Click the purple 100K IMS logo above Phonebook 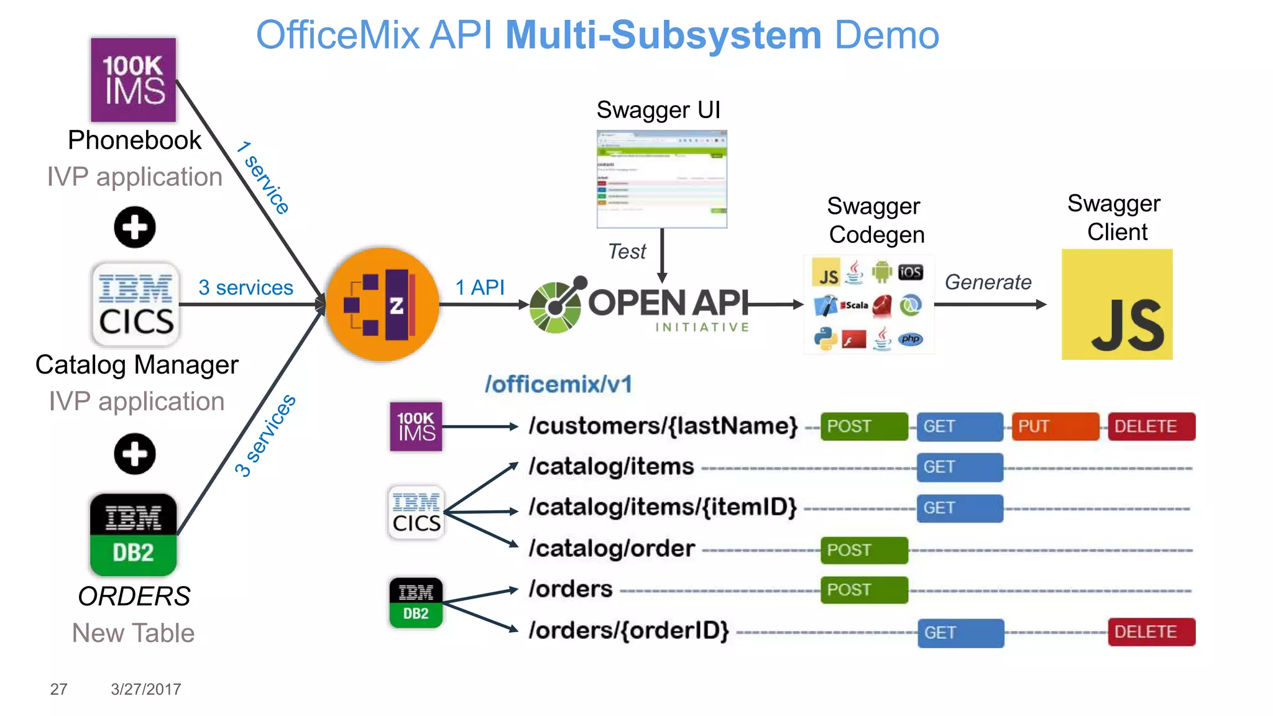(x=133, y=80)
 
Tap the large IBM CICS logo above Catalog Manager (x=136, y=304)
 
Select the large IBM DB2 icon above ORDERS (x=133, y=535)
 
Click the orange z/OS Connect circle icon (x=382, y=304)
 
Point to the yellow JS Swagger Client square (x=1116, y=304)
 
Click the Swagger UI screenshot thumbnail (x=661, y=179)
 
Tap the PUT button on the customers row (x=1055, y=426)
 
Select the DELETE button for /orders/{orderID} (x=1151, y=632)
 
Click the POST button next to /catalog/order (x=863, y=550)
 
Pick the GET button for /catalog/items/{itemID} (x=959, y=508)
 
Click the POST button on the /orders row (x=863, y=590)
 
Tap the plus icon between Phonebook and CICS (x=134, y=227)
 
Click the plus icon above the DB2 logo (x=134, y=454)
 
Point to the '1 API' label (x=479, y=287)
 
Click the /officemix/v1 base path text (x=558, y=384)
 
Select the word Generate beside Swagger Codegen (x=988, y=282)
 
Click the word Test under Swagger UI (x=627, y=251)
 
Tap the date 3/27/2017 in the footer (x=145, y=689)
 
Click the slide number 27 (x=58, y=689)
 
